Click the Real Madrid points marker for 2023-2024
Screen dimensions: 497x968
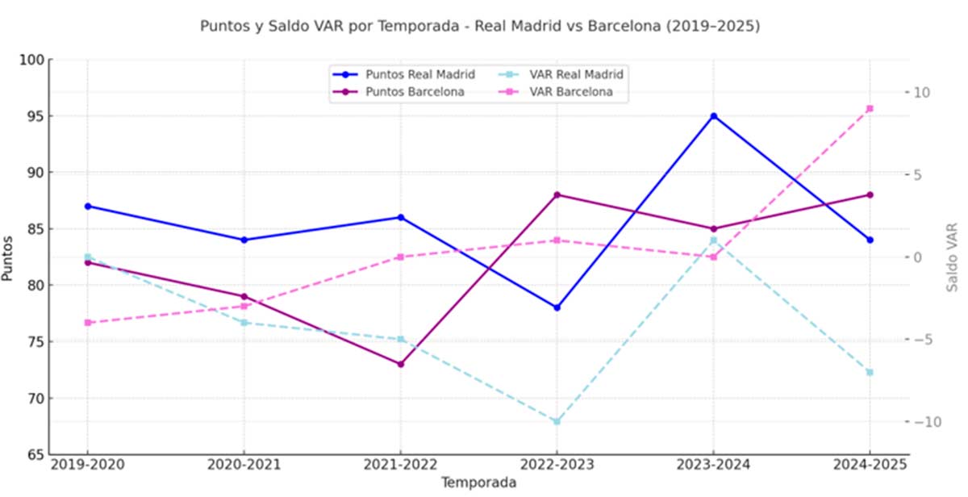(x=713, y=116)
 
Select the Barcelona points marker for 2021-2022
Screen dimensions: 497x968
(x=400, y=364)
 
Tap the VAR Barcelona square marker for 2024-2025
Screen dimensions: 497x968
(x=870, y=109)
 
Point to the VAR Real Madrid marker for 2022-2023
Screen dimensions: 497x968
(x=557, y=421)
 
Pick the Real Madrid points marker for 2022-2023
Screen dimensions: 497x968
(x=557, y=307)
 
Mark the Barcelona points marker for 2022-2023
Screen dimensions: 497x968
(x=557, y=194)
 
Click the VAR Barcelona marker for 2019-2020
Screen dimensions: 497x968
(x=87, y=323)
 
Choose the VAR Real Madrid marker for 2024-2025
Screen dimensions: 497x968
(x=870, y=372)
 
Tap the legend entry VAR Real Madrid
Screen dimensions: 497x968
(x=577, y=74)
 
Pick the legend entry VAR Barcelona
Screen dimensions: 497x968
(x=571, y=92)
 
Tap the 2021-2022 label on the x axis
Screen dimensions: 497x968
(x=400, y=465)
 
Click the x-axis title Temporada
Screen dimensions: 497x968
(x=478, y=482)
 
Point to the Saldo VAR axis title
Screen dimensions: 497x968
(x=953, y=257)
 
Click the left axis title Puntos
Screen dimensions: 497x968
(x=9, y=257)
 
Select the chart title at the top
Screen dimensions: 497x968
(x=480, y=27)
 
